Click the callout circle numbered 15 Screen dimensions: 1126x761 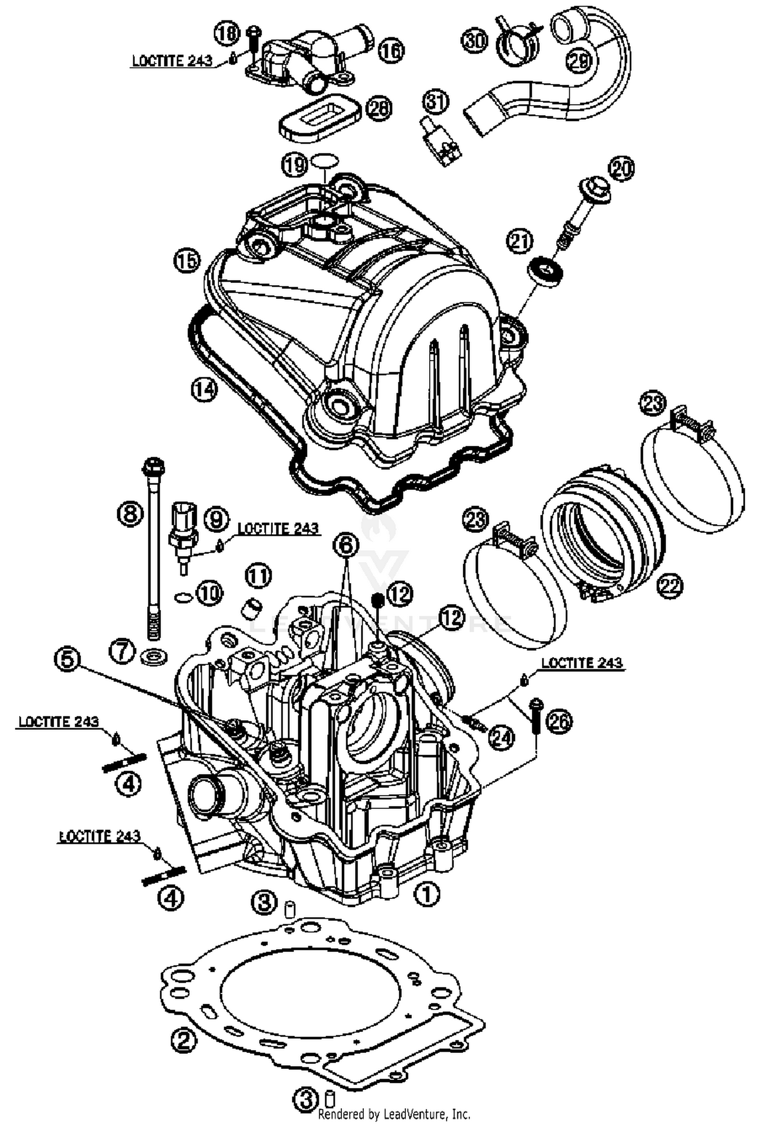[x=186, y=261]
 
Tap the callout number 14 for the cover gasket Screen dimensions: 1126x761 [x=204, y=390]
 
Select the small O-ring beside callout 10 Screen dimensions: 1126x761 [x=184, y=598]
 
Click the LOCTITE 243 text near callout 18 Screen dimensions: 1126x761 [x=171, y=60]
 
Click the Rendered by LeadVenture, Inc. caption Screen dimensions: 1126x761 [x=394, y=1114]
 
